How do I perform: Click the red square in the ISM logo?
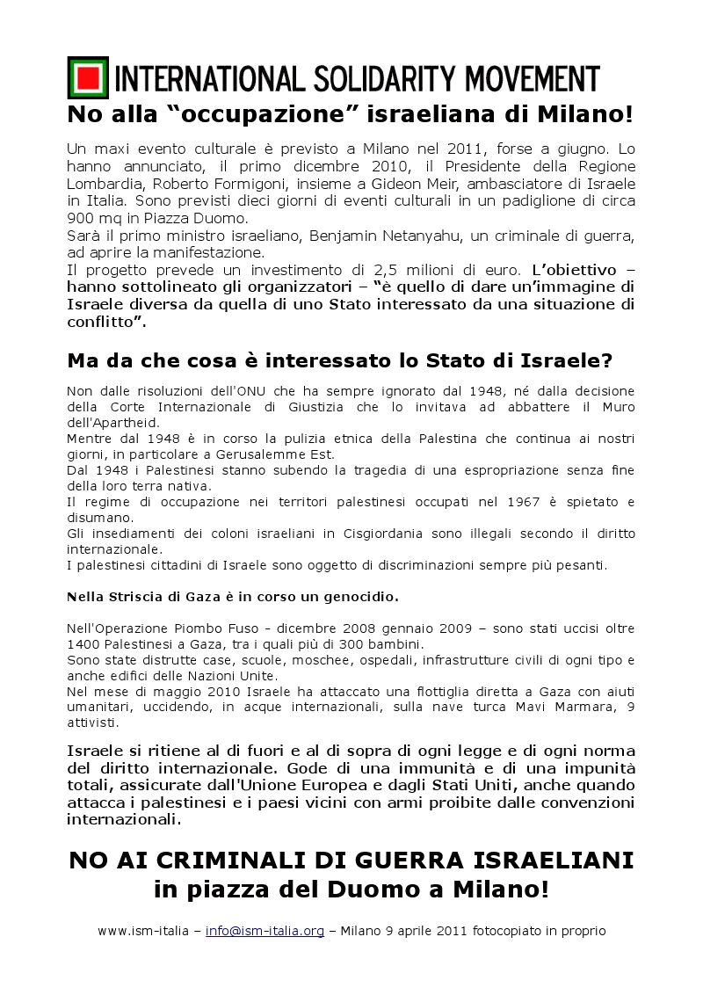[87, 79]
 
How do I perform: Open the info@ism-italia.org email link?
[265, 929]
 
